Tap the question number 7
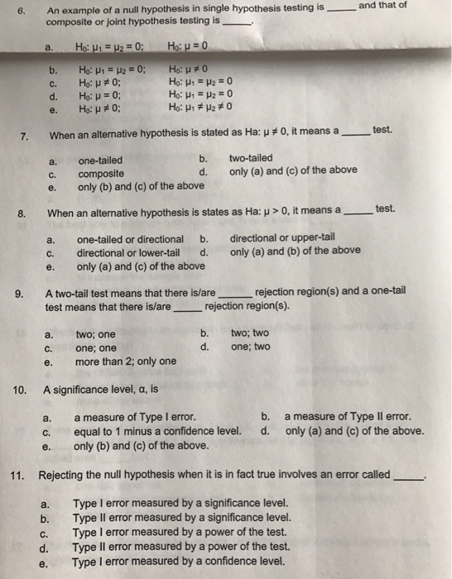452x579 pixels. pyautogui.click(x=24, y=135)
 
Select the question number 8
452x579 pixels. pyautogui.click(x=23, y=213)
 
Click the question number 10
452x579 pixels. pyautogui.click(x=22, y=389)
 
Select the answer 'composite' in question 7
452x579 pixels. pyautogui.click(x=101, y=174)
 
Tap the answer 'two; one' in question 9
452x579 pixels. pyautogui.click(x=95, y=335)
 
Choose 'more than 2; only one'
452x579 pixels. pyautogui.click(x=125, y=361)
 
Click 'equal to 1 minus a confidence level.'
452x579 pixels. pyautogui.click(x=157, y=431)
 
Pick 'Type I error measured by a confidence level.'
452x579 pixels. pyautogui.click(x=180, y=561)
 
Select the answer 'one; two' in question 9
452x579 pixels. pyautogui.click(x=250, y=348)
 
